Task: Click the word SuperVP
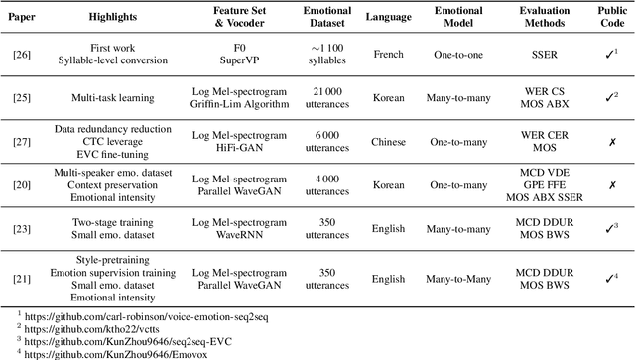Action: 232,58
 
